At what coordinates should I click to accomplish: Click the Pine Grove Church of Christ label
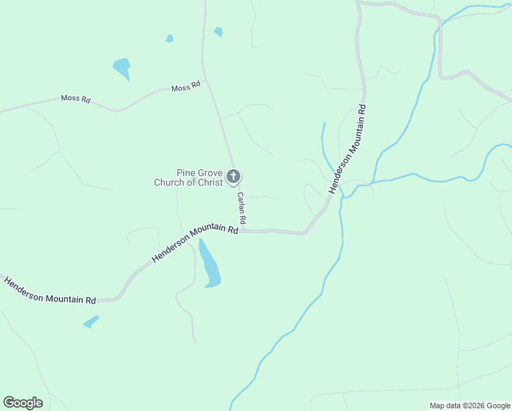(x=189, y=177)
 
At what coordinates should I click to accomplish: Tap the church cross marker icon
(x=233, y=177)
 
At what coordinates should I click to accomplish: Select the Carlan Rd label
(x=242, y=210)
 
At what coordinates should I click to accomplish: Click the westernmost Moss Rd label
(x=75, y=99)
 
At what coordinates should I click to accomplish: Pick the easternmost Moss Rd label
(x=185, y=87)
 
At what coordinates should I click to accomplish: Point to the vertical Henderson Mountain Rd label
(x=348, y=149)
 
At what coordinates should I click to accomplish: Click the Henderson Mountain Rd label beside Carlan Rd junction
(x=195, y=243)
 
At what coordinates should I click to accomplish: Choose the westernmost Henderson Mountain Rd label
(x=49, y=291)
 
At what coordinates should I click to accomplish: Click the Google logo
(x=23, y=403)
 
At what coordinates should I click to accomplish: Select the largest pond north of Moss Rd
(x=122, y=68)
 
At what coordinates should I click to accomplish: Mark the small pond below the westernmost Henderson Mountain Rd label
(x=91, y=321)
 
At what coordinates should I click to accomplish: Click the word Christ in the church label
(x=209, y=182)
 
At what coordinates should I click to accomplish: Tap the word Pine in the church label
(x=187, y=173)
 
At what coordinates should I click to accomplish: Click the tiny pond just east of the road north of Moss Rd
(x=218, y=32)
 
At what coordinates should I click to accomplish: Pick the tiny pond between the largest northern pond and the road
(x=170, y=38)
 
